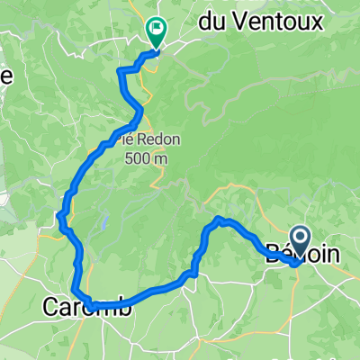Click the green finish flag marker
click(x=155, y=32)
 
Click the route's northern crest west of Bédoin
click(x=219, y=219)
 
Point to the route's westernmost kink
click(x=58, y=214)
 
